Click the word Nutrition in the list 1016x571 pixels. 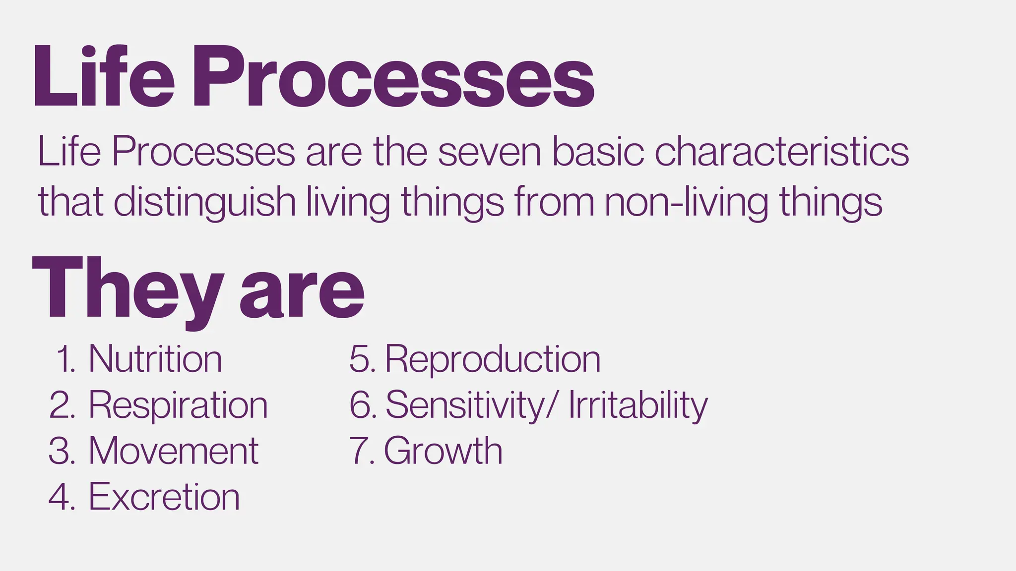coord(155,359)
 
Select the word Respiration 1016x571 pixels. coord(178,405)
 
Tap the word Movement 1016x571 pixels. coord(174,451)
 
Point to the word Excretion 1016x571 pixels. coord(164,497)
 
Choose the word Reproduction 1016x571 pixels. coord(493,359)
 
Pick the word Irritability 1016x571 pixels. coord(638,405)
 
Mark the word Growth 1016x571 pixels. coord(443,451)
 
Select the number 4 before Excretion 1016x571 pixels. coord(60,497)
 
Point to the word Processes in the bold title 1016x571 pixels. coord(393,77)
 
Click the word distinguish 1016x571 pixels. coord(205,202)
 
